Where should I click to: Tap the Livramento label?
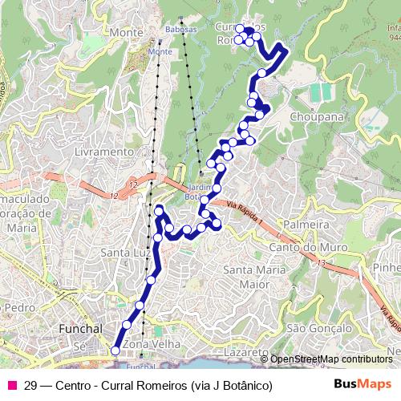(102, 151)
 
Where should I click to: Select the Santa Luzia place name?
(125, 253)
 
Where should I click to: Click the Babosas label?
(181, 29)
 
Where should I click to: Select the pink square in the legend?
(11, 385)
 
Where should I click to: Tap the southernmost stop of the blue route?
(115, 350)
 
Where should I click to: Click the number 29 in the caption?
(31, 385)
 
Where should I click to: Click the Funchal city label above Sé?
(83, 329)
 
